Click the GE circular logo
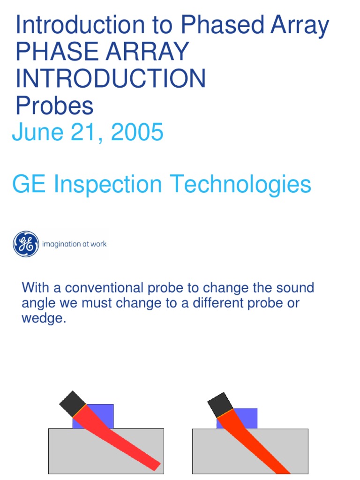click(x=26, y=244)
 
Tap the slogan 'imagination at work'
click(x=75, y=244)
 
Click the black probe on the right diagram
click(x=220, y=405)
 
